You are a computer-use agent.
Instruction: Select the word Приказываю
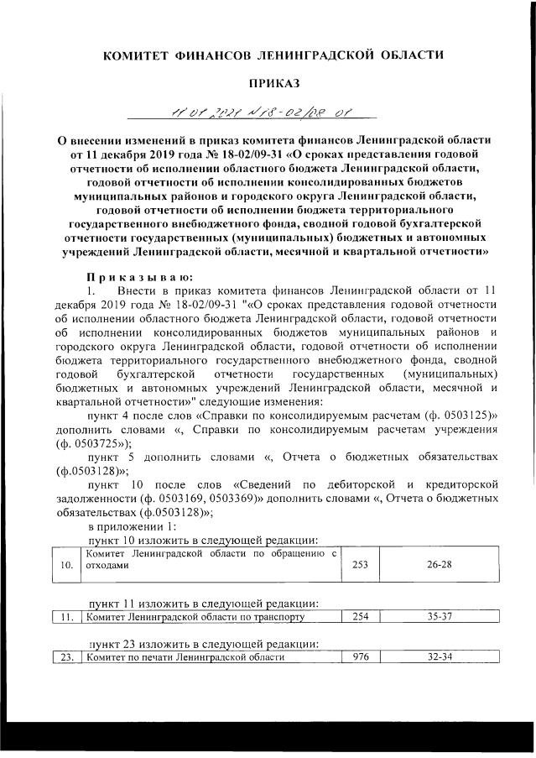click(x=139, y=278)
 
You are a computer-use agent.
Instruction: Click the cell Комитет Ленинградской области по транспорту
click(x=192, y=617)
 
